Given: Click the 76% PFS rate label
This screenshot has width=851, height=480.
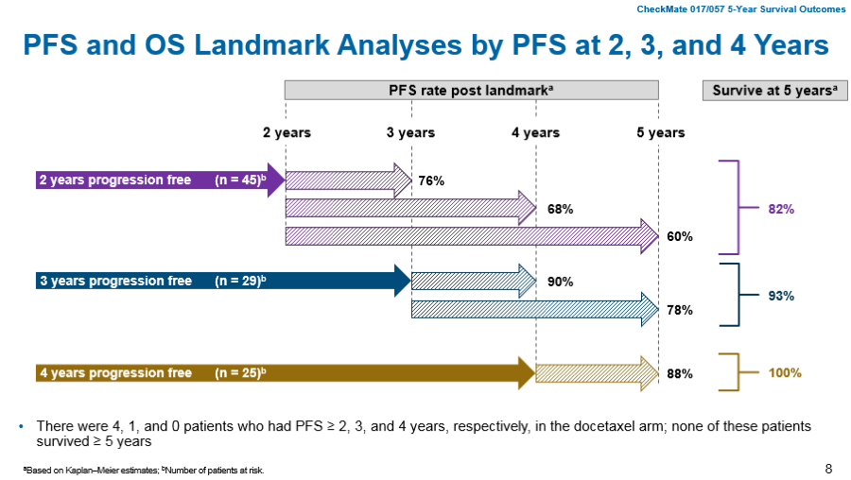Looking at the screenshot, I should (x=431, y=180).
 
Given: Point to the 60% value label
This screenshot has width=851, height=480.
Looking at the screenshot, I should (x=680, y=236).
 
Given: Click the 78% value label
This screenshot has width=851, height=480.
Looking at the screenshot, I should (x=680, y=310).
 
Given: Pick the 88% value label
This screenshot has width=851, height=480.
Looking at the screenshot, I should (x=680, y=373).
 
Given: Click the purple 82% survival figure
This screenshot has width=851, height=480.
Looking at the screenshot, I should (x=781, y=208).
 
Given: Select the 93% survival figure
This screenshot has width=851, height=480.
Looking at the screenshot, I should (x=781, y=296).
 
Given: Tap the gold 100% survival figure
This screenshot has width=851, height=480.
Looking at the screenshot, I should (x=785, y=373).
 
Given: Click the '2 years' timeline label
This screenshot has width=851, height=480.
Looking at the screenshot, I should (x=286, y=132).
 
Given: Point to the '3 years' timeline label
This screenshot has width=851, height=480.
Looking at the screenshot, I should (x=410, y=132).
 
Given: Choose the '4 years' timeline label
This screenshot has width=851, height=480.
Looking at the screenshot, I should (x=535, y=132).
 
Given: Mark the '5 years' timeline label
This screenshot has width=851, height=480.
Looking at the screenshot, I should (x=660, y=132).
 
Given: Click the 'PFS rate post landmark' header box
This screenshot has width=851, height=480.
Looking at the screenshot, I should (x=471, y=90).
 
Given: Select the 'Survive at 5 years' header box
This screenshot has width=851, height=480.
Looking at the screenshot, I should (x=774, y=90).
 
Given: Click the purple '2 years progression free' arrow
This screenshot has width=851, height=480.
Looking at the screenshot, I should (x=151, y=180).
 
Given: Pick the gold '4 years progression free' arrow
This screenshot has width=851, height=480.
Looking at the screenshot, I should (x=274, y=373).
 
